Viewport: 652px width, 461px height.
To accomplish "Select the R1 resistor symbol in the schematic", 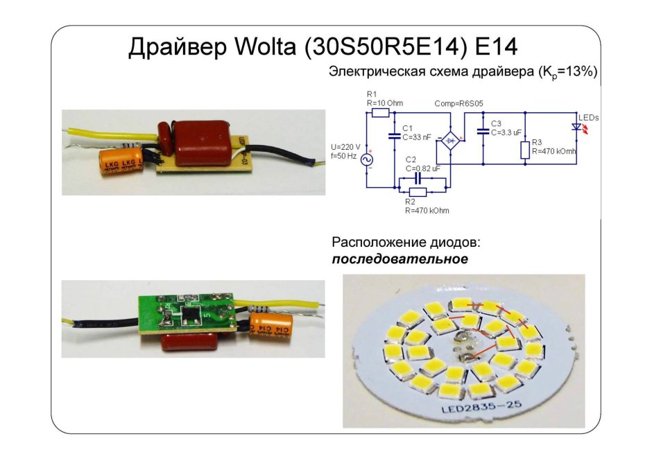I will pos(379,112).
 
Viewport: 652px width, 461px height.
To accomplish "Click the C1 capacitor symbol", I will pos(395,137).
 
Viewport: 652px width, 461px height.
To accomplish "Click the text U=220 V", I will pos(346,147).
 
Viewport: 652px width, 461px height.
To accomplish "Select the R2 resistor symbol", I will pos(417,191).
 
